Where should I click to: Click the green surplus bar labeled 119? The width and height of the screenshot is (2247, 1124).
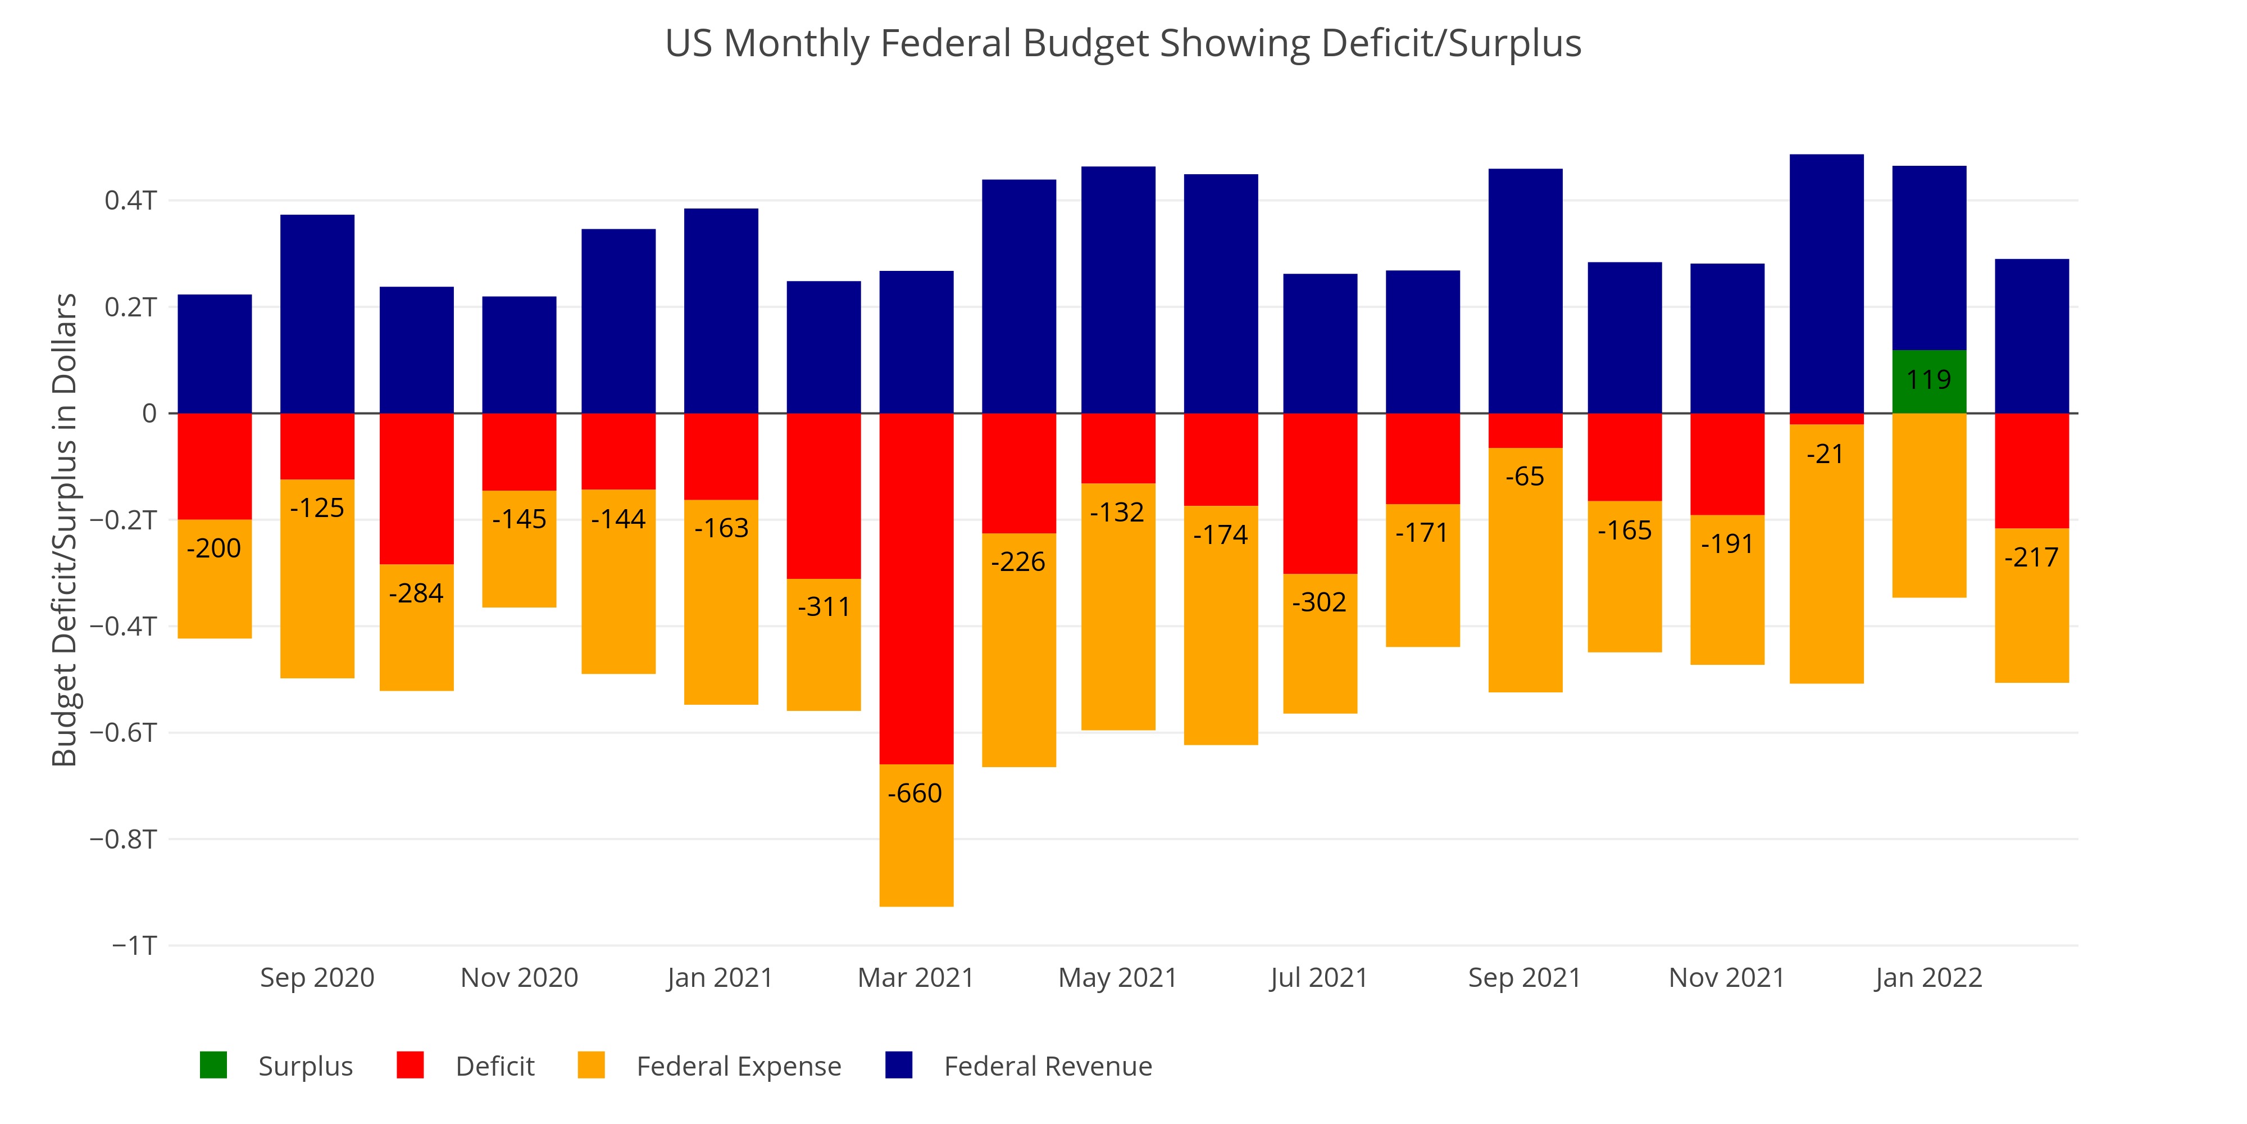tap(1928, 382)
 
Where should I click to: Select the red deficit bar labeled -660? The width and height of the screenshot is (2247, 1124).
tap(916, 588)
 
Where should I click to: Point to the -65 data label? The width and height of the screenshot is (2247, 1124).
tap(1525, 477)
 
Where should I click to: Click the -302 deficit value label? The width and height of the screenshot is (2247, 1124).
tap(1319, 602)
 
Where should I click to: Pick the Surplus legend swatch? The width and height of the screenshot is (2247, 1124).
tap(213, 1066)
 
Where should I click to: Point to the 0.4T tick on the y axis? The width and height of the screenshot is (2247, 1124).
tap(131, 201)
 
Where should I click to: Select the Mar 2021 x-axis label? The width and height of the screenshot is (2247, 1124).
tap(916, 977)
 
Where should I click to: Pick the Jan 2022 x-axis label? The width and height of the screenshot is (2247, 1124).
tap(1928, 977)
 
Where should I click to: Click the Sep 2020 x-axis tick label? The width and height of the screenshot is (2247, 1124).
tap(317, 977)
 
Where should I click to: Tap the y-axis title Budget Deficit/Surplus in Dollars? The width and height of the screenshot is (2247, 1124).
tap(65, 530)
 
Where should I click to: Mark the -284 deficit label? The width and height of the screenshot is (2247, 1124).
tap(416, 593)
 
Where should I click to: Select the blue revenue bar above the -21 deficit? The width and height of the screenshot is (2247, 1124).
tap(1827, 284)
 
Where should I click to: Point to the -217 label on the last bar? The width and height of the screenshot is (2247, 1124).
tap(2031, 558)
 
